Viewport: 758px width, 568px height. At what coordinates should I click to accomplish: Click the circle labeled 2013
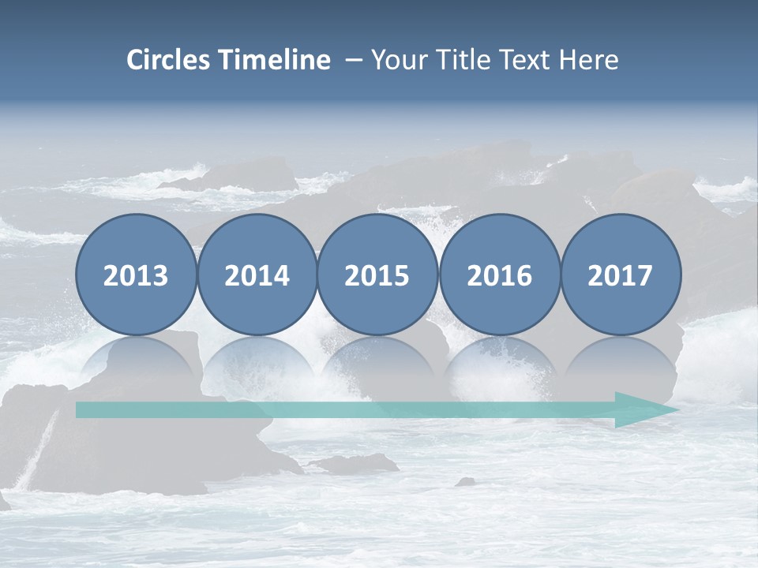point(136,275)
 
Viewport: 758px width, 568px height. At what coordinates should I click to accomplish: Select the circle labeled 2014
point(257,275)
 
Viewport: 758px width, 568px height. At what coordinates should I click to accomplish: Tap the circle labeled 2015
point(377,275)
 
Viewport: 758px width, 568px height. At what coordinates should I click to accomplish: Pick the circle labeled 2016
point(499,275)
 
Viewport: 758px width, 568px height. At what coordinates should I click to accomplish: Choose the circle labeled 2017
point(621,275)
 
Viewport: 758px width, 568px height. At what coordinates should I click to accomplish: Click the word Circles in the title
point(170,60)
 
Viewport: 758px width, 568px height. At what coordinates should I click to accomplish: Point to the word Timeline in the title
point(275,60)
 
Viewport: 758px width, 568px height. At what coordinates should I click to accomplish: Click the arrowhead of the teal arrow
point(644,409)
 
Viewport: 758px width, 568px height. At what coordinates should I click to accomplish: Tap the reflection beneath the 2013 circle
point(136,359)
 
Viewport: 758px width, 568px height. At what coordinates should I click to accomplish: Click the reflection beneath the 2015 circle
point(377,359)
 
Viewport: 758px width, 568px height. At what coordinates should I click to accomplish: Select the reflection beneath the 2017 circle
point(621,359)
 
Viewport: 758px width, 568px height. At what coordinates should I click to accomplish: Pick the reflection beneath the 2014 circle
point(257,359)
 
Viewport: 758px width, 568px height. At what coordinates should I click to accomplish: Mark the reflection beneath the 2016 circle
point(499,359)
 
